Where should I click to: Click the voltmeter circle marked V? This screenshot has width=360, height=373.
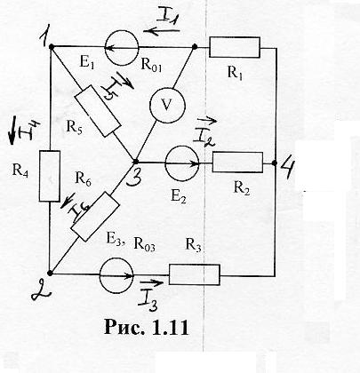[167, 105]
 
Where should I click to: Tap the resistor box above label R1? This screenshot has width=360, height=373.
[235, 47]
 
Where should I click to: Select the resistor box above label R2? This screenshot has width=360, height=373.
[237, 163]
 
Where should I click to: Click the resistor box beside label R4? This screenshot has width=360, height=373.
[50, 176]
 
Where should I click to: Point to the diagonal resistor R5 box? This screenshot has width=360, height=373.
[98, 111]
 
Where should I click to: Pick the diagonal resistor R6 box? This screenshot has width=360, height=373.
[95, 217]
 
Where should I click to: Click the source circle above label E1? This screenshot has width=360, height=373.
[122, 47]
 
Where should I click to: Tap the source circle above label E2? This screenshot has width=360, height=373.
[182, 163]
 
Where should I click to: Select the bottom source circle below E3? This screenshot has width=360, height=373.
[116, 275]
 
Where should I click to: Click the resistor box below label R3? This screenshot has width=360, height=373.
[195, 274]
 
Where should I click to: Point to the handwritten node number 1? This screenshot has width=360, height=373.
[45, 38]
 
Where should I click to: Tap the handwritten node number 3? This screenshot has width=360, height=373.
[132, 176]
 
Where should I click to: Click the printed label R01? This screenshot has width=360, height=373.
[151, 66]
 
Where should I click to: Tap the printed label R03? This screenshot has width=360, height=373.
[144, 244]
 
